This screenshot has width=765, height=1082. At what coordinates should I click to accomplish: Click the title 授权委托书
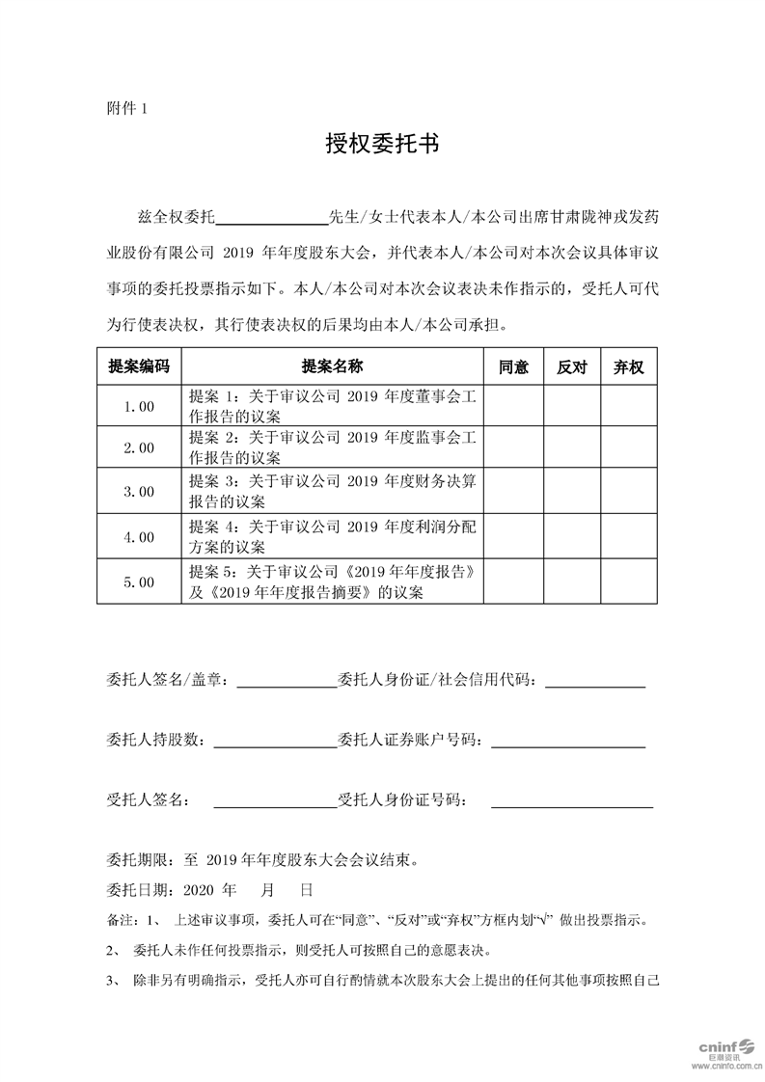[x=382, y=145]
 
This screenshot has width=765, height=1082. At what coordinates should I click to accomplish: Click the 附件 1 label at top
[x=126, y=109]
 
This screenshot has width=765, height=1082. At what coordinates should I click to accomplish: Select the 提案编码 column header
[x=139, y=367]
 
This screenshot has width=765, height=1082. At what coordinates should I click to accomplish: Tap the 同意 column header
[x=513, y=367]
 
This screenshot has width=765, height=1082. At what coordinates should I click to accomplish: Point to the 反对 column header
[x=572, y=367]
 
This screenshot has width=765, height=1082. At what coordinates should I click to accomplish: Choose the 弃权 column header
[x=629, y=367]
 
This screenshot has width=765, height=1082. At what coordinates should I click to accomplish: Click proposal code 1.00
[x=139, y=406]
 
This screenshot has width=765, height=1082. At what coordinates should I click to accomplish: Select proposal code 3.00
[x=139, y=492]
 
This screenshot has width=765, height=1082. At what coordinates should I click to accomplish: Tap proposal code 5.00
[x=139, y=582]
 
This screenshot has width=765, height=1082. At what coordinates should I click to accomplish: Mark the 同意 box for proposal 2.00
[x=513, y=448]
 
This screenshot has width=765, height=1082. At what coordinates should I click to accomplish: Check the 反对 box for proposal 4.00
[x=572, y=537]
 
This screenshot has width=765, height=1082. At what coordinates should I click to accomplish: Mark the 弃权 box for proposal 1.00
[x=629, y=406]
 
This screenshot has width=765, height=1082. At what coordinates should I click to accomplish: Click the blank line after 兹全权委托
[x=276, y=215]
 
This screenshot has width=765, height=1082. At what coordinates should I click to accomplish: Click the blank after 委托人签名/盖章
[x=286, y=682]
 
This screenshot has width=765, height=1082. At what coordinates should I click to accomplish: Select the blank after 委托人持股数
[x=273, y=742]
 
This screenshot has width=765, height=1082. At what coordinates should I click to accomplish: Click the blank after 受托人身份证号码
[x=571, y=801]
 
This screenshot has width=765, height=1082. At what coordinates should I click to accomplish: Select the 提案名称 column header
[x=333, y=367]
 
